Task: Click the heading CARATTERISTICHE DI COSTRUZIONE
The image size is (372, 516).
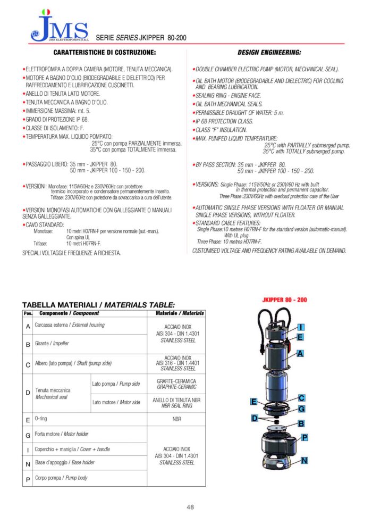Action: [104, 53]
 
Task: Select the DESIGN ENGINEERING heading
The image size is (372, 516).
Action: [269, 53]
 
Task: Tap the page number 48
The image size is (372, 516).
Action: [190, 506]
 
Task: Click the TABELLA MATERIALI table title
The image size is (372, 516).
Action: [98, 305]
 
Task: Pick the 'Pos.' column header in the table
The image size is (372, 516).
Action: [28, 313]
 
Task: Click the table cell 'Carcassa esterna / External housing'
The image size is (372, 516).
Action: [70, 325]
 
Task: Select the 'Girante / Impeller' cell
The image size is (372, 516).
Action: [52, 344]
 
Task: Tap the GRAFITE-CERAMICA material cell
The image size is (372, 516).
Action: [176, 384]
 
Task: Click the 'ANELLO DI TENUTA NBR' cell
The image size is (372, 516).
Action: [176, 403]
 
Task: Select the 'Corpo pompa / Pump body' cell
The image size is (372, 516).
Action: [61, 478]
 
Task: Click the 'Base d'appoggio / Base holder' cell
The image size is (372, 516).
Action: [65, 463]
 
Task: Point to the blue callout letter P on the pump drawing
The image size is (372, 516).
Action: [305, 437]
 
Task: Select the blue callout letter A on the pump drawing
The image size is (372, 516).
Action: [300, 353]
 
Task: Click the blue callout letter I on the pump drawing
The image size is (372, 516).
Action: [301, 327]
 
